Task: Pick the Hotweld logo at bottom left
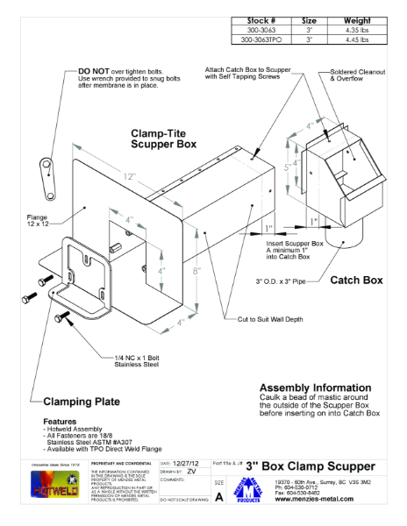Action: (x=54, y=487)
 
